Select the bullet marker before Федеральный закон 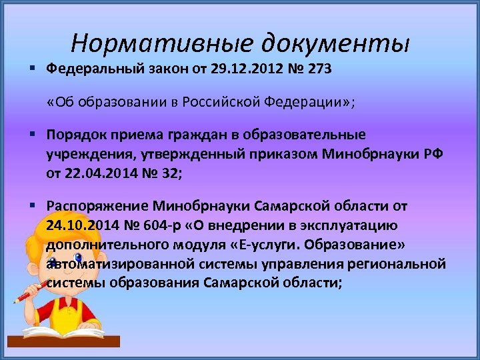(31, 68)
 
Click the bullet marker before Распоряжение (31, 206)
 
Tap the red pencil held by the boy (29, 288)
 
